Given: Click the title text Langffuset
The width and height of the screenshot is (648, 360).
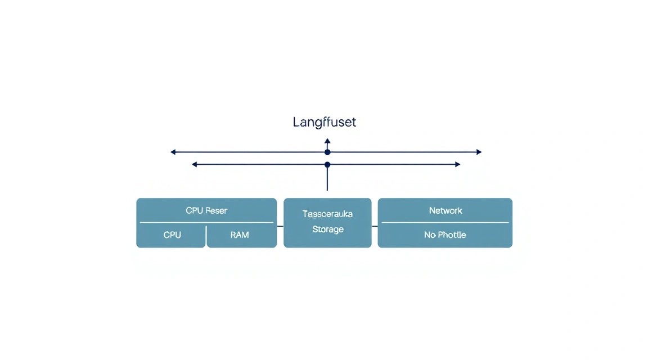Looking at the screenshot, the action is pos(324,122).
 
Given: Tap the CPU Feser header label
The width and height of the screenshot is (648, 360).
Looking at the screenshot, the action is pos(206,210).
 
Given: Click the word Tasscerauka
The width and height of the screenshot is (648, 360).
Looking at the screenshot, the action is pos(327,214).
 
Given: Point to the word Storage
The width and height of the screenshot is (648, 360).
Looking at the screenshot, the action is pos(328,229).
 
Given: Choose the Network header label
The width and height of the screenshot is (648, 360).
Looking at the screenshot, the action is pos(445,210).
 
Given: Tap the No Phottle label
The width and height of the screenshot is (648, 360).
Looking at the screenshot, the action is pos(445,235).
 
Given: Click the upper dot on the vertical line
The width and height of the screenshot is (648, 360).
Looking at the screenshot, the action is pos(327,152).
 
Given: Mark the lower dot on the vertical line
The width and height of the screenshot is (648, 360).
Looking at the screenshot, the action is pos(327,164).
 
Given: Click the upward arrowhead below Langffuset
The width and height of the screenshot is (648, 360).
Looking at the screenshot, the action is pos(327,141).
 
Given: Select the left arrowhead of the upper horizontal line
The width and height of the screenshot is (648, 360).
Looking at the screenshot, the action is pos(173,152).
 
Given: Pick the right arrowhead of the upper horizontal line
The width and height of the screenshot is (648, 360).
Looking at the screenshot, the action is pos(479,152).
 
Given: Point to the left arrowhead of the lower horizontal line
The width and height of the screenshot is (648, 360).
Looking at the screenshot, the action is pos(195,164).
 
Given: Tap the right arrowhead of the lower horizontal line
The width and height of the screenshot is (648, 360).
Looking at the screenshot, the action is pos(457,164).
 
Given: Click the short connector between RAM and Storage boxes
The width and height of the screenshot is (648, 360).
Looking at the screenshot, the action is pos(280,226).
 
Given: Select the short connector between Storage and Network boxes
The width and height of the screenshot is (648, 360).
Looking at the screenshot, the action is pos(375,226).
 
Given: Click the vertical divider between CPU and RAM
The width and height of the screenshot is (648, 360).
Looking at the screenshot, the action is pos(206,236).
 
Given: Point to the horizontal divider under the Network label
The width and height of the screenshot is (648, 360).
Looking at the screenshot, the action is pos(445,222).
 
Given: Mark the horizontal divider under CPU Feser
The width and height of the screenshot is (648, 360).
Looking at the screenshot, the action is pos(206,222).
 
